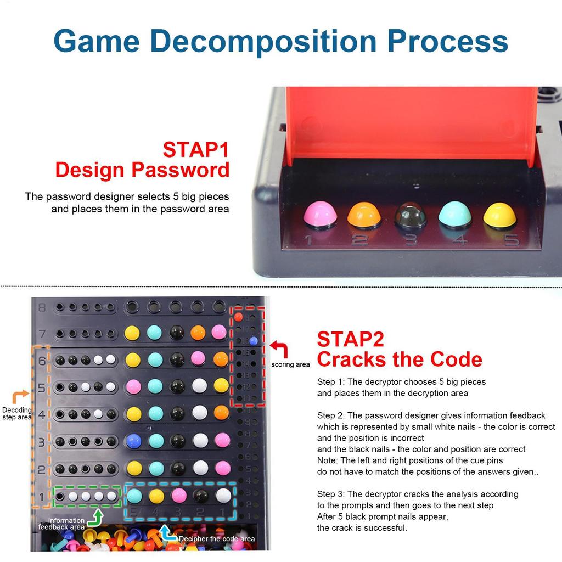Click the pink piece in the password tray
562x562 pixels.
tap(320, 214)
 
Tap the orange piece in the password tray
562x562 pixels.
tap(364, 215)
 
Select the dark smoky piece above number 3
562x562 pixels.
tap(410, 215)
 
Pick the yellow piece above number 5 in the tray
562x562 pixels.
tap(499, 215)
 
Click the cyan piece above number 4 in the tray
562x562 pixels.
tap(455, 215)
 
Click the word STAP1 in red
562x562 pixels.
tap(195, 149)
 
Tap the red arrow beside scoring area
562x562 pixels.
tap(280, 350)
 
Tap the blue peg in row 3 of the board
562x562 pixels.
tap(133, 440)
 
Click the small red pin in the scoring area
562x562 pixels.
tap(238, 317)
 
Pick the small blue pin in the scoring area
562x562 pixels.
tap(252, 340)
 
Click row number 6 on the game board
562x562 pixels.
tap(42, 361)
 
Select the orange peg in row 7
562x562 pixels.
tap(198, 333)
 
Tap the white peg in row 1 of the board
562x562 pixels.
tap(223, 496)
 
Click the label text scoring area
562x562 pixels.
tap(290, 364)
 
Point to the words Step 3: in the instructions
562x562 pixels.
tap(331, 494)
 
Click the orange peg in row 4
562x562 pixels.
tap(221, 413)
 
